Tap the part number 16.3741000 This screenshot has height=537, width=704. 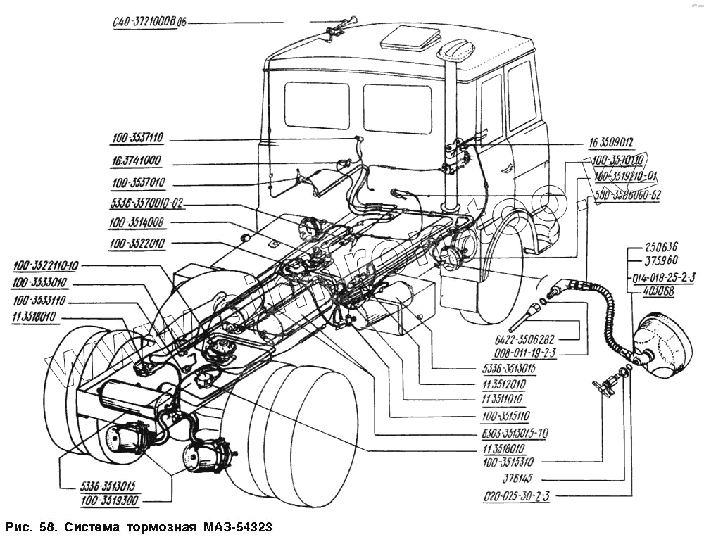(136, 161)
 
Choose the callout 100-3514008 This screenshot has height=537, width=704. (137, 225)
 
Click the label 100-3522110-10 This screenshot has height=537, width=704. (46, 265)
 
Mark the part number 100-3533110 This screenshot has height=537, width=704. (39, 300)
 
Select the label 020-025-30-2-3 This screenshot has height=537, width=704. (517, 496)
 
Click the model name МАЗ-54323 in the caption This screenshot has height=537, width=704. (236, 526)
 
